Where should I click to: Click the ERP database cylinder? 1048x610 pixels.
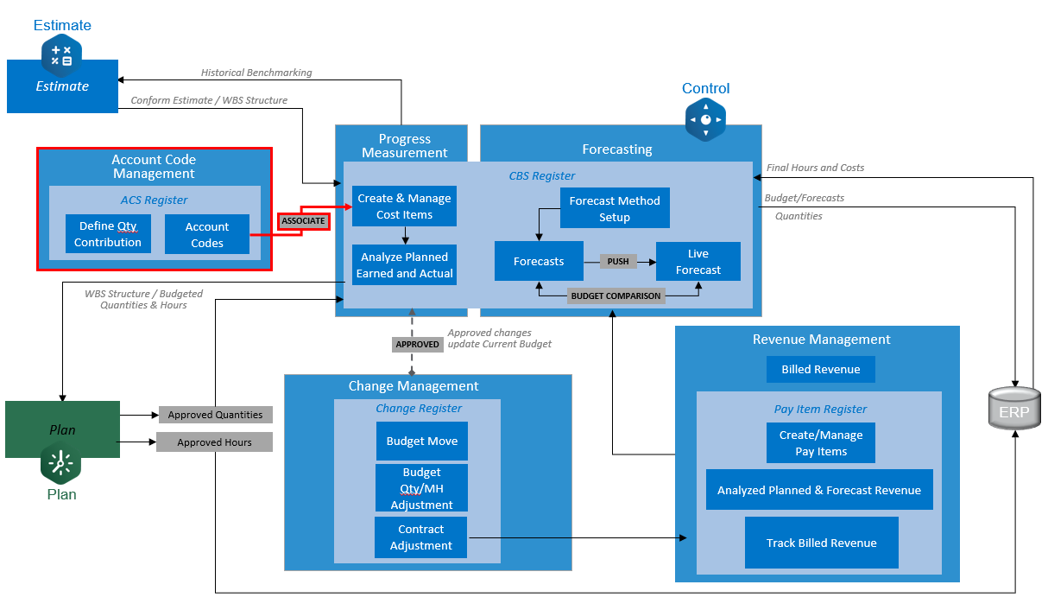pos(1013,410)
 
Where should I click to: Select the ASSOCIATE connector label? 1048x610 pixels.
pos(304,221)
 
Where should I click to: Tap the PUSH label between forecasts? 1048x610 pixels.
pos(618,261)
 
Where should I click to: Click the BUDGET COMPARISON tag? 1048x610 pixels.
pos(616,295)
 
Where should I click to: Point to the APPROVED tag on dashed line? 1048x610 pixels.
pos(417,344)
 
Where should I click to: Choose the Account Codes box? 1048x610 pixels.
pos(207,235)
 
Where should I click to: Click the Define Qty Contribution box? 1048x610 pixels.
pos(108,234)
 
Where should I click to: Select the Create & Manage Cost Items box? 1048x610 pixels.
pos(404,207)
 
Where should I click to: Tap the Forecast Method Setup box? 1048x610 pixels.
pos(615,208)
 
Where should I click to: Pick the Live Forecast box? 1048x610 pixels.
pos(698,262)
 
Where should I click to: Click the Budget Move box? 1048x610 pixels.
pos(422,441)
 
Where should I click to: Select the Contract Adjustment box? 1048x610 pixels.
pos(421,537)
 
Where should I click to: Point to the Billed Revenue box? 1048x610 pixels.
pos(821,370)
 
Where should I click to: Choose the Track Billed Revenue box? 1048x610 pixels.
pos(821,543)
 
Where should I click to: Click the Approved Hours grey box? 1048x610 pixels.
pos(214,442)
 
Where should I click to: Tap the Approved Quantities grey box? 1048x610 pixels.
pos(215,415)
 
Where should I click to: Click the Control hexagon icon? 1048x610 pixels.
pos(705,119)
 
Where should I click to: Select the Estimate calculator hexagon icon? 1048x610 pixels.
pos(61,54)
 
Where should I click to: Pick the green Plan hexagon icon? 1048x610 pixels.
pos(61,464)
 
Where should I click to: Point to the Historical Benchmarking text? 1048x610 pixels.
pos(256,73)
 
